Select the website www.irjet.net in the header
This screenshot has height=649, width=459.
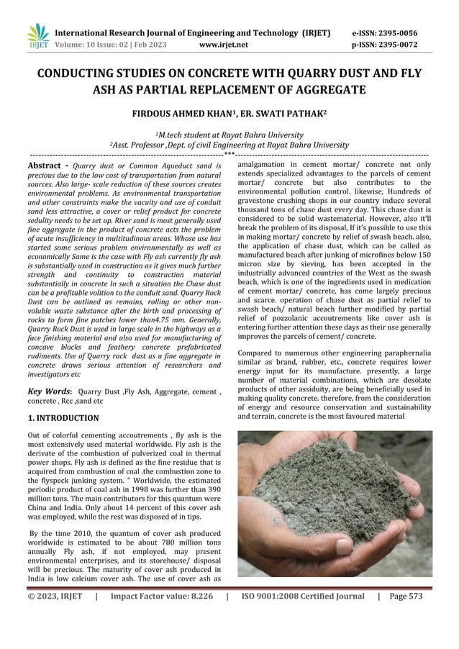[227, 44]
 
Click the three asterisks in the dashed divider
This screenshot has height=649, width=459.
[229, 153]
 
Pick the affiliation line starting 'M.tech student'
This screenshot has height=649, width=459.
[229, 133]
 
